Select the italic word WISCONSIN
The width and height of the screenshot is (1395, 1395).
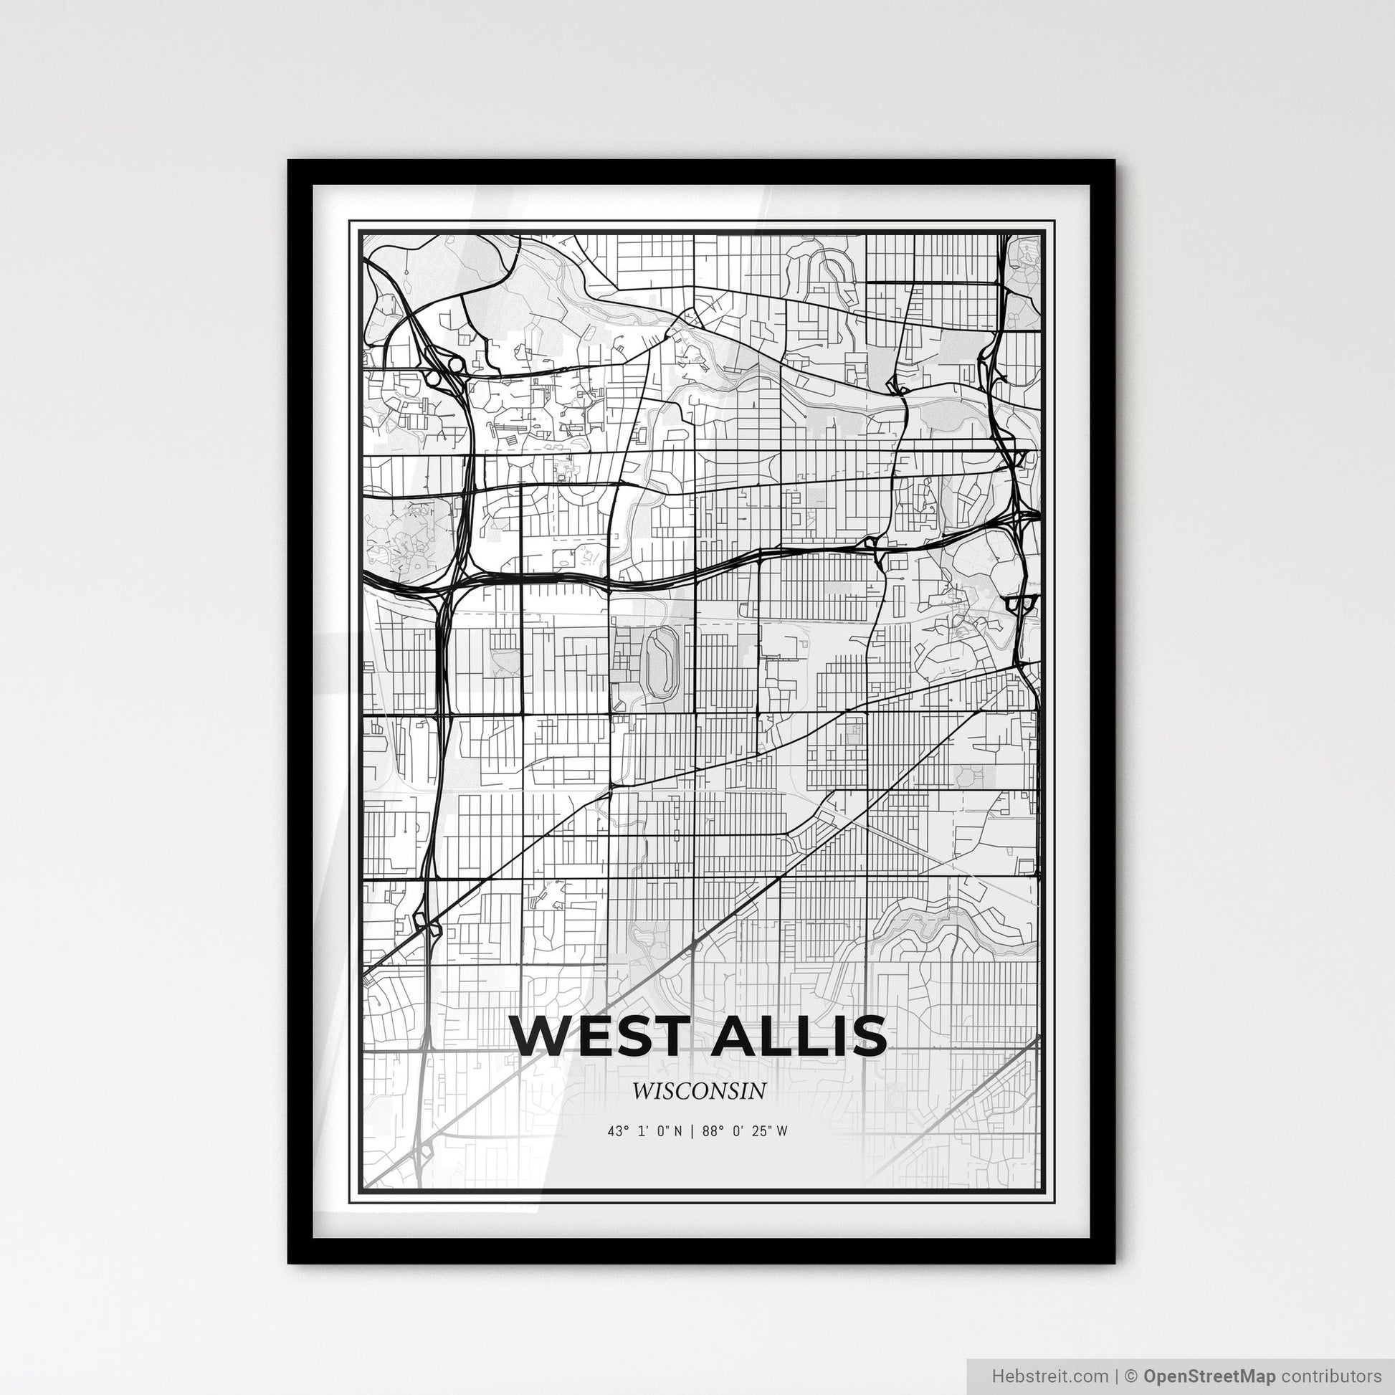tap(697, 1090)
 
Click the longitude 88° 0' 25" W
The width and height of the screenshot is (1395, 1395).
tap(743, 1131)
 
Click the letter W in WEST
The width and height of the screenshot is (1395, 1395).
tap(541, 1035)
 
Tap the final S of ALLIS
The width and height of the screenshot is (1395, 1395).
tap(869, 1035)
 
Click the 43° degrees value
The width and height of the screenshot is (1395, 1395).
tap(615, 1131)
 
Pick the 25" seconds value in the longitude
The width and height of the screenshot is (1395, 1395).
tap(760, 1131)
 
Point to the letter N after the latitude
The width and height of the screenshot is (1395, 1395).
tap(677, 1131)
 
